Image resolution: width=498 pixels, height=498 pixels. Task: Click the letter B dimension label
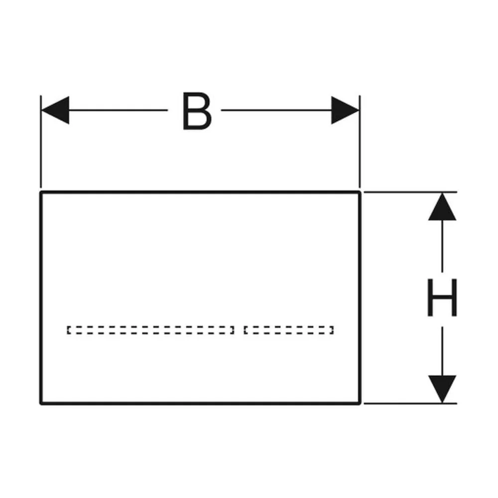click(197, 111)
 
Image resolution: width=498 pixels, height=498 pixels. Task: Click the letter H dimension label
click(442, 297)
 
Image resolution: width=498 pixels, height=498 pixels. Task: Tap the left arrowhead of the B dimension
click(55, 110)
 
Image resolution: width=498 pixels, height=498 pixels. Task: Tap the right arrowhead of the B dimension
click(345, 110)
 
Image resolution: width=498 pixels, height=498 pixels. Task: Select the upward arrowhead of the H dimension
click(442, 207)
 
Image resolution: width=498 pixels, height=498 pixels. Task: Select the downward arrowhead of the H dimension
click(442, 389)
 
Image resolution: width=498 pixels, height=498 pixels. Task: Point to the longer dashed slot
click(150, 330)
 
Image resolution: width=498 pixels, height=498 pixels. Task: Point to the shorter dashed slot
click(289, 330)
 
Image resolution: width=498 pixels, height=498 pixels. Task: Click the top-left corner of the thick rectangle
click(41, 192)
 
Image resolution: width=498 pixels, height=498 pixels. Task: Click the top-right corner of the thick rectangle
click(360, 192)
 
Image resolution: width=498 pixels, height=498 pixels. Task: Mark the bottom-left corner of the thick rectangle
click(41, 403)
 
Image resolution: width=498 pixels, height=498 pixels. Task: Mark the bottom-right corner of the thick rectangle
click(360, 403)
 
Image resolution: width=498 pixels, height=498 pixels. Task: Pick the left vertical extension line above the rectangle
click(41, 141)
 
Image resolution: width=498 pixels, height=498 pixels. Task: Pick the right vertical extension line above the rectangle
click(360, 141)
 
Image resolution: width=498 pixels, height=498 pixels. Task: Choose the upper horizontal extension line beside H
click(410, 192)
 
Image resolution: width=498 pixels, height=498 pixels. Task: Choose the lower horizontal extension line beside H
click(410, 403)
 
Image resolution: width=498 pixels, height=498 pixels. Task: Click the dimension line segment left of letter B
click(118, 110)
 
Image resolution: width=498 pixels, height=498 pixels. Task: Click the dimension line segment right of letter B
click(276, 110)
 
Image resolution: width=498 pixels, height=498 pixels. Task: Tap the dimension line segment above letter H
click(442, 247)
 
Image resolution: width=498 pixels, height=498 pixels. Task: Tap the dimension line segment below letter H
click(442, 351)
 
